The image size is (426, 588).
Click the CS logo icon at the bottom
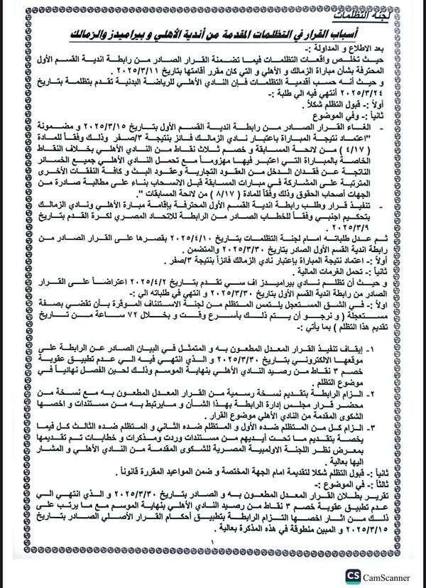[x=353, y=575]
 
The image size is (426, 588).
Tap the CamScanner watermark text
[x=392, y=576]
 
